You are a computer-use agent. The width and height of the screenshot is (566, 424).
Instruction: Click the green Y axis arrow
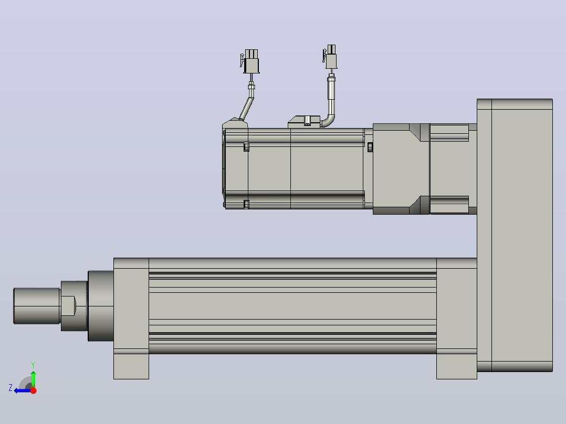pos(33,378)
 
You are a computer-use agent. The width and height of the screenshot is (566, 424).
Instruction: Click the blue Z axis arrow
pos(23,390)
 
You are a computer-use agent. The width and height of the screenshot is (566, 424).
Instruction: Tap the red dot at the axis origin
pos(34,390)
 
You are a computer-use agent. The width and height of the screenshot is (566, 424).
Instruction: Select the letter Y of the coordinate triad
pos(33,365)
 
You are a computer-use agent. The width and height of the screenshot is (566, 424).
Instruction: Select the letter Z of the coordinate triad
pos(11,388)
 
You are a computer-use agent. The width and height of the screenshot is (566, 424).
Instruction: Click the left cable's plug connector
pos(250,61)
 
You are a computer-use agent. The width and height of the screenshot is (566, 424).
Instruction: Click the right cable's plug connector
pos(330,57)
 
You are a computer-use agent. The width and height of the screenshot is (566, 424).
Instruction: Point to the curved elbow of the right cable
pos(329,121)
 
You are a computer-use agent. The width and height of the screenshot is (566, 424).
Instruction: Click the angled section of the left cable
pos(247,108)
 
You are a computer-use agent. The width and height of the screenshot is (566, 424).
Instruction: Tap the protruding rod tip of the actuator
pos(36,306)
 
